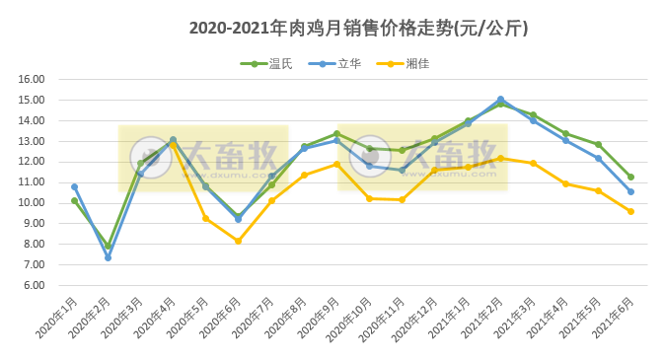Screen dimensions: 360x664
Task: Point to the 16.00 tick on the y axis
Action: pyautogui.click(x=33, y=80)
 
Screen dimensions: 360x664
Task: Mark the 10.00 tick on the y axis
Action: pyautogui.click(x=33, y=203)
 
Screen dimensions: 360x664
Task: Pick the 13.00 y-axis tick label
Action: pyautogui.click(x=33, y=141)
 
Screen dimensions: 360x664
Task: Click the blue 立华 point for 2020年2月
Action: pyautogui.click(x=108, y=257)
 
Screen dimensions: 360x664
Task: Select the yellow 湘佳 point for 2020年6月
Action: pyautogui.click(x=238, y=241)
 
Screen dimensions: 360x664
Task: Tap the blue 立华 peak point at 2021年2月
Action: pyautogui.click(x=500, y=100)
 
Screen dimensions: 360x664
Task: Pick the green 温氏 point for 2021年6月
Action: pyautogui.click(x=630, y=177)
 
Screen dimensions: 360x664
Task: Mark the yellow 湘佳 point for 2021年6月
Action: pyautogui.click(x=630, y=211)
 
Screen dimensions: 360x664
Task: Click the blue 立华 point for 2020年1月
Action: pyautogui.click(x=75, y=186)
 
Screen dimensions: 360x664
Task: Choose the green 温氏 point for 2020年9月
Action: pyautogui.click(x=336, y=134)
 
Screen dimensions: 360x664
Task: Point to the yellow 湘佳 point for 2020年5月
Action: pyautogui.click(x=205, y=218)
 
